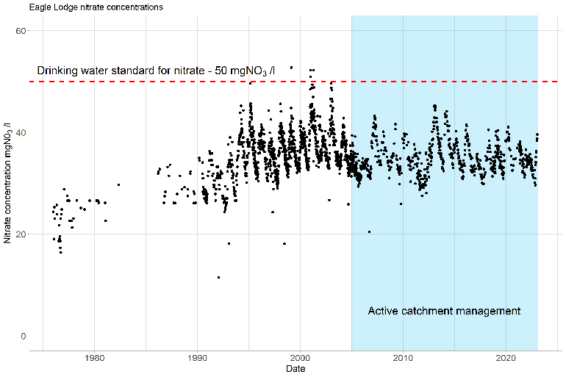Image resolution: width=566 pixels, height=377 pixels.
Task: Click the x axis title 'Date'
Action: [296, 369]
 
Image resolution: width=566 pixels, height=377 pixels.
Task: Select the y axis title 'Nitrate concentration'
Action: [7, 184]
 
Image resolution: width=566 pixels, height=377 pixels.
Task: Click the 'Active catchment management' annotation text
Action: [444, 311]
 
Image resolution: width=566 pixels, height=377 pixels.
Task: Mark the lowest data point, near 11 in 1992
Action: [218, 277]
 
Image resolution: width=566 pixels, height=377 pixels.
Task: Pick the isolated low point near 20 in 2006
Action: [369, 231]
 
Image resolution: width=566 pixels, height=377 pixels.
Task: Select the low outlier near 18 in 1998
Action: [284, 244]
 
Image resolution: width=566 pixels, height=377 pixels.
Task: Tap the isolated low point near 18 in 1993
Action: [229, 244]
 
